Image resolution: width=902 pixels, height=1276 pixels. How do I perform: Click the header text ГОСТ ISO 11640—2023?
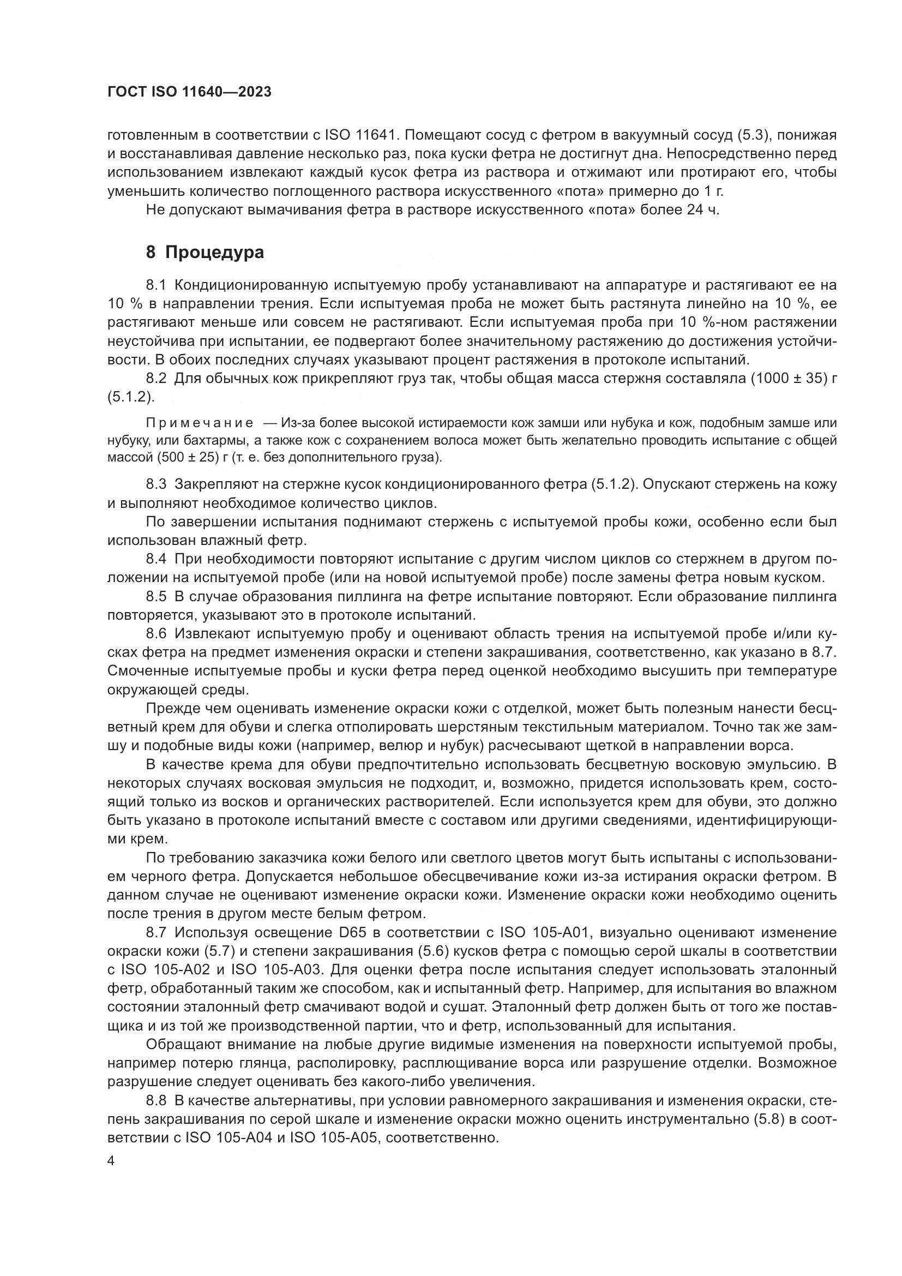point(189,92)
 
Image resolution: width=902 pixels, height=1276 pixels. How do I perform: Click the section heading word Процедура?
point(214,253)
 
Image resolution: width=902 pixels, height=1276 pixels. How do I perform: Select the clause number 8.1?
point(156,286)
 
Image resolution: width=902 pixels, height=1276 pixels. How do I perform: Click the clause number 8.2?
point(156,379)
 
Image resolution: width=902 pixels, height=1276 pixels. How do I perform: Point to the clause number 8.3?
point(156,484)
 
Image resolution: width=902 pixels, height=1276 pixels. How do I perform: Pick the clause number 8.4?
point(156,559)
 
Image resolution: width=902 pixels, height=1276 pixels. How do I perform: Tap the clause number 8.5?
point(156,596)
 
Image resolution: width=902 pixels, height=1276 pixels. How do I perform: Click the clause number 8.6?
point(156,633)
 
